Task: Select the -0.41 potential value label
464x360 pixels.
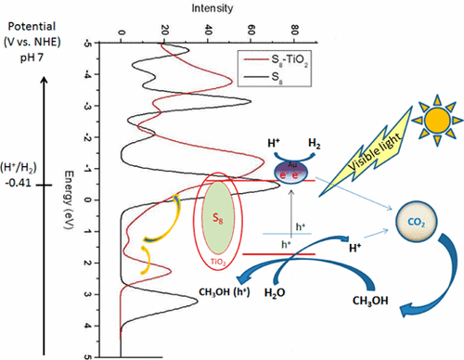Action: click(23, 184)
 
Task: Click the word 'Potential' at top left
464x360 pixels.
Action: click(27, 17)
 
